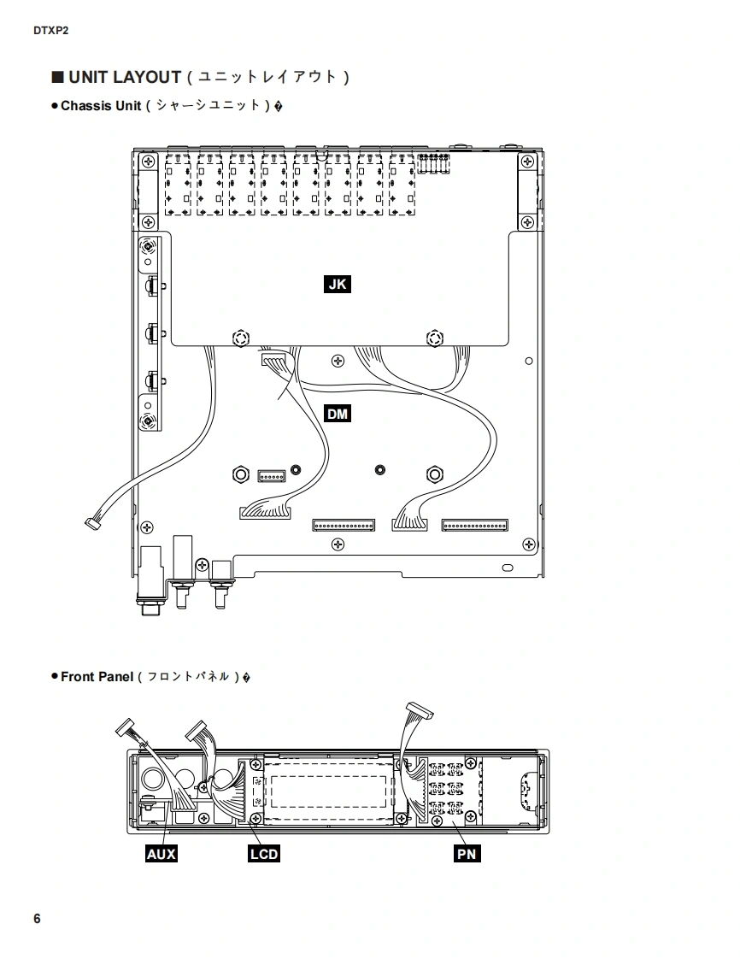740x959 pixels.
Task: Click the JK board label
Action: [x=338, y=284]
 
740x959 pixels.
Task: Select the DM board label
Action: [x=338, y=415]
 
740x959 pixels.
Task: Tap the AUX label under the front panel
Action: [x=162, y=853]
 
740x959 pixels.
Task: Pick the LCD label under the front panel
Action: [x=264, y=853]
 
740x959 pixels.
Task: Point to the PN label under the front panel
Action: [x=467, y=853]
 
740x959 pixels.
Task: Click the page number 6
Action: [x=37, y=919]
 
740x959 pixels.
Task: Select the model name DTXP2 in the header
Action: [x=50, y=31]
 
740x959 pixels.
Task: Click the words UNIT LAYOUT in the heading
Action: [x=125, y=77]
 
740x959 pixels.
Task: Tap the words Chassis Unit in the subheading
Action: [x=101, y=106]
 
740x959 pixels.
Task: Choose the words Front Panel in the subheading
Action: [x=97, y=677]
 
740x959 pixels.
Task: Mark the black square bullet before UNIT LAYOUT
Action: [x=58, y=77]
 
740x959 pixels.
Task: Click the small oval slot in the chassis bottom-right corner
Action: [x=507, y=568]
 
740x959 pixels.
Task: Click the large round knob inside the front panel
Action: [x=155, y=779]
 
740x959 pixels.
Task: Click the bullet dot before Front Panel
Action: [x=54, y=677]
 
